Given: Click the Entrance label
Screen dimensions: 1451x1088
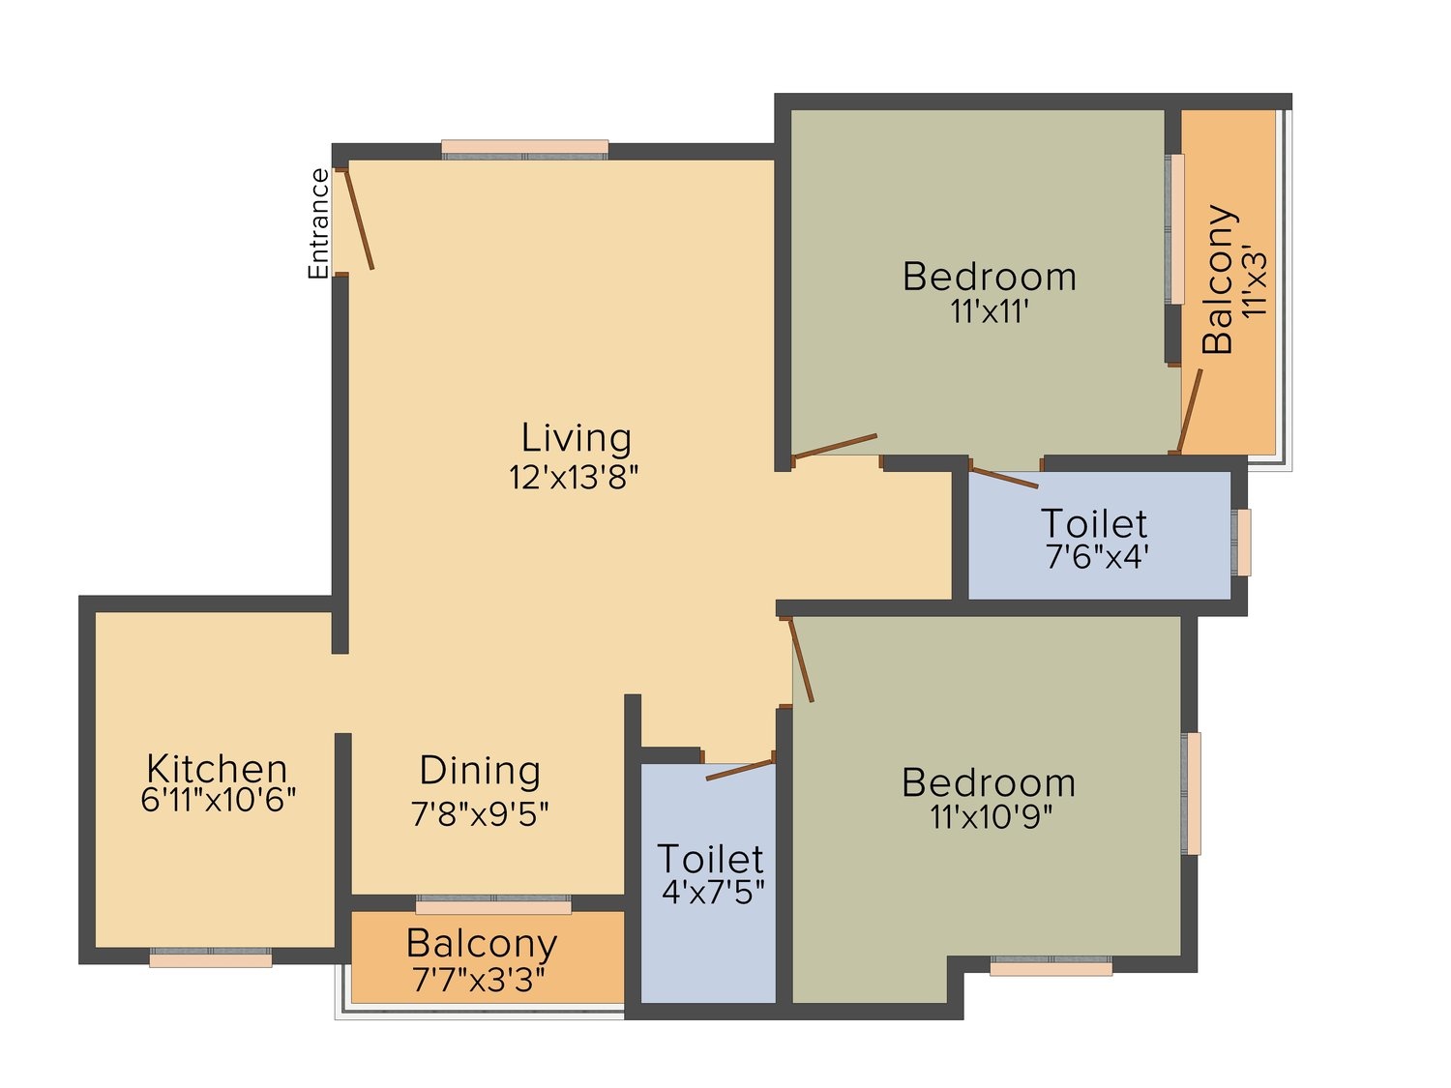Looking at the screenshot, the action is [318, 223].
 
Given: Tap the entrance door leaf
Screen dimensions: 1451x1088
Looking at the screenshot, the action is [359, 220].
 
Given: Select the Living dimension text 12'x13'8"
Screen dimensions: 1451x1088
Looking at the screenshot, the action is [573, 477].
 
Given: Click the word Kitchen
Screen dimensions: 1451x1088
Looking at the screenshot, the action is [217, 768].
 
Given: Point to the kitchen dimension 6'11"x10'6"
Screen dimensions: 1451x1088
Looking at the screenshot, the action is [218, 800].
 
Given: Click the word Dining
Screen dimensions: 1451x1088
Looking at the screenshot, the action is [480, 770].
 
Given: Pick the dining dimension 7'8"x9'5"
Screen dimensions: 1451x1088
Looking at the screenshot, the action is [480, 814].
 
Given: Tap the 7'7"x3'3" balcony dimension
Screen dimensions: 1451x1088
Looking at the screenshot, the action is [480, 981].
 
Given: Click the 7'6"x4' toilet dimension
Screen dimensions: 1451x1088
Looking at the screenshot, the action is [1093, 557].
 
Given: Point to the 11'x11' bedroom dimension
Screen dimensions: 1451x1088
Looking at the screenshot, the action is [989, 311].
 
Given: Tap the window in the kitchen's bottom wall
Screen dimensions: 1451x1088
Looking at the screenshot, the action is [211, 957].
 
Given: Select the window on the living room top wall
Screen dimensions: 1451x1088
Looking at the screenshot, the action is [525, 149].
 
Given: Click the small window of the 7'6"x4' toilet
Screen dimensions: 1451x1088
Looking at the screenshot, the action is [1241, 543].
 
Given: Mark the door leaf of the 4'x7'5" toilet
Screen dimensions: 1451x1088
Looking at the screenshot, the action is [739, 770].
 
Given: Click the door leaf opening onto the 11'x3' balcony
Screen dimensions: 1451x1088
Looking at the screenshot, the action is [1189, 412].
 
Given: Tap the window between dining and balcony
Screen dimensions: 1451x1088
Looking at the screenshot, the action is [493, 904].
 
